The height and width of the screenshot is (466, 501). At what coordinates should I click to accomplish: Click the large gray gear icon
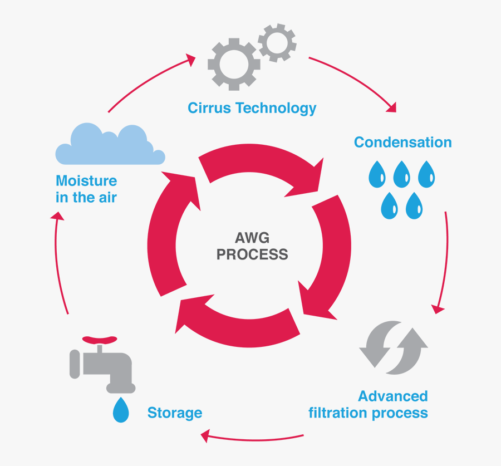click(233, 65)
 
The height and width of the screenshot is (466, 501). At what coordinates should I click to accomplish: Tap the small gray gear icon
click(277, 42)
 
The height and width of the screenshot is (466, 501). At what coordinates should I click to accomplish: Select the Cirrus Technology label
click(252, 107)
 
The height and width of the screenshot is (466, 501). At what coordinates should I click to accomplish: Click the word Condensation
click(402, 142)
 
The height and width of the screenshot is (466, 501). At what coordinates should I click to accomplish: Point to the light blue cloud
click(110, 146)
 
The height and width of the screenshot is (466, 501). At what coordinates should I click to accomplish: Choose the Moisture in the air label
click(86, 189)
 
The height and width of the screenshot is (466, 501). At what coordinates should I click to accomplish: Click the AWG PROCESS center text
click(252, 247)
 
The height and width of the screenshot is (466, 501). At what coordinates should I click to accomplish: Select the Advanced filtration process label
click(369, 404)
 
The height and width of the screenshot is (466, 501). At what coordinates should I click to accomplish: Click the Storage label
click(174, 413)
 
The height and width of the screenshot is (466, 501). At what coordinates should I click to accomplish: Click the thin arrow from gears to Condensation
click(356, 81)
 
